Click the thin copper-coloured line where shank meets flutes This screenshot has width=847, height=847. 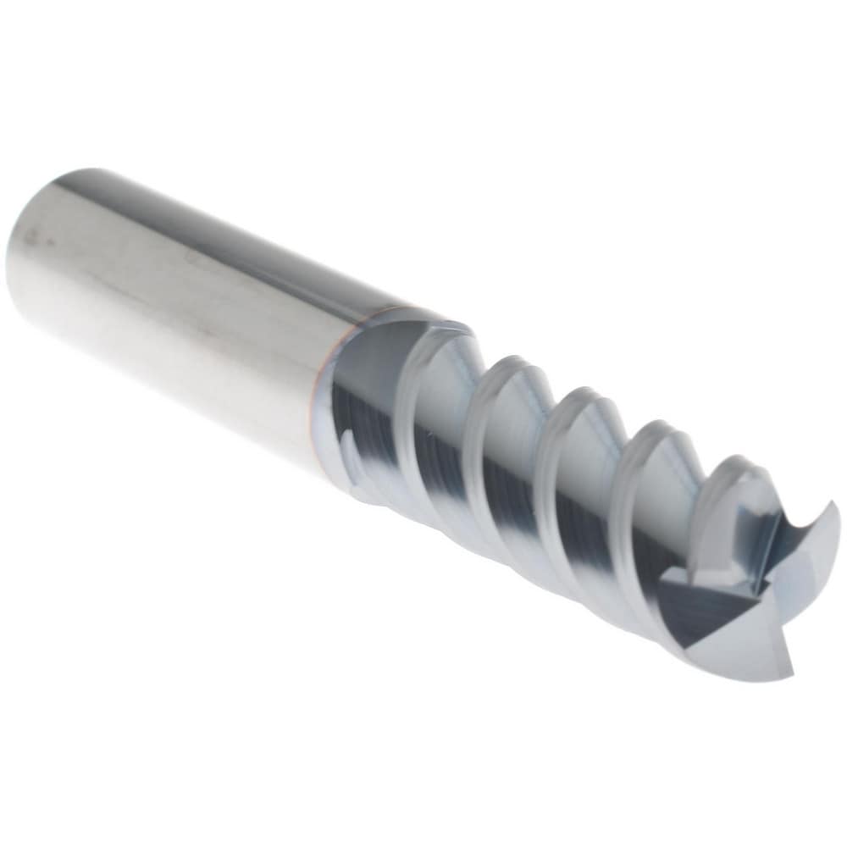pyautogui.click(x=320, y=398)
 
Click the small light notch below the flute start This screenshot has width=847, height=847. pyautogui.click(x=349, y=440)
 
